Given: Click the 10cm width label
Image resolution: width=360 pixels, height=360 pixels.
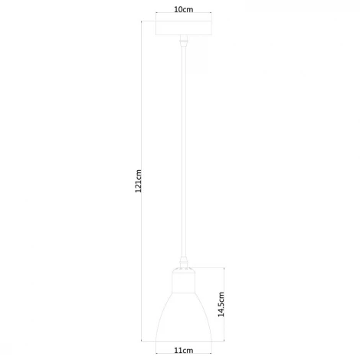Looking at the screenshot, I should coord(183,9).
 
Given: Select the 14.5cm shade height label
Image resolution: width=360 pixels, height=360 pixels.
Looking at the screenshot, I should coord(221,304).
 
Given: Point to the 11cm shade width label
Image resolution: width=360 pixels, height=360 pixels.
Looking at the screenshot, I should coord(183,350).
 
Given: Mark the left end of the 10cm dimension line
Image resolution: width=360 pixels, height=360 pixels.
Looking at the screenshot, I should coord(156,17).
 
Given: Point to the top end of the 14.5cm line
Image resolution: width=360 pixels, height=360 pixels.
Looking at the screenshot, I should coord(227,268).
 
